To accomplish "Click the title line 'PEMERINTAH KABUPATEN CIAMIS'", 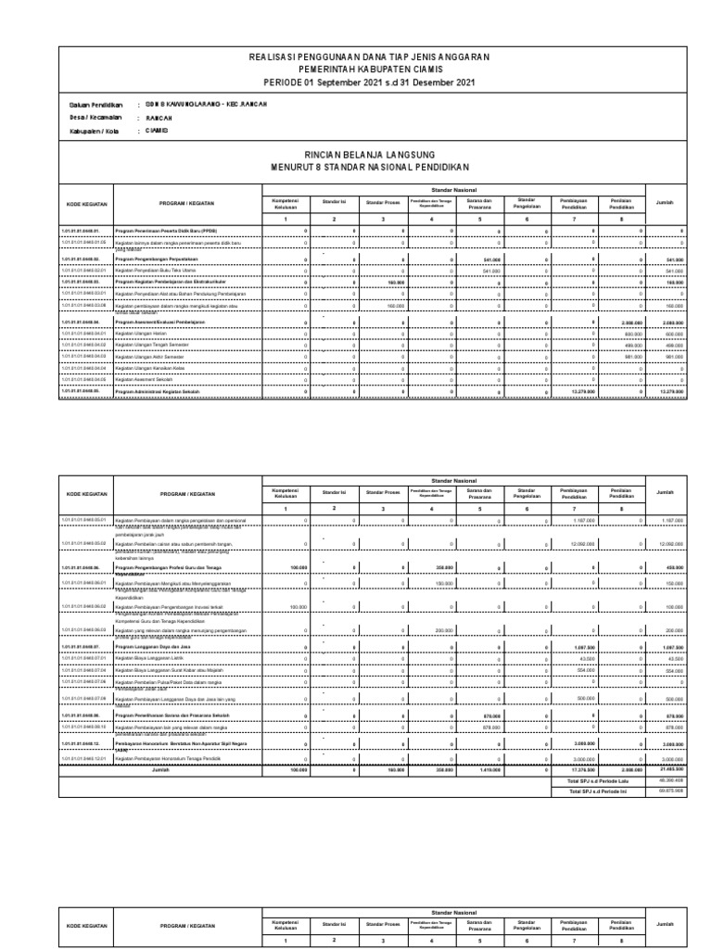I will [357, 70].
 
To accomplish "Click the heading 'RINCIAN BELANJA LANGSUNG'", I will [357, 154].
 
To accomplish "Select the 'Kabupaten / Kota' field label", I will [95, 131].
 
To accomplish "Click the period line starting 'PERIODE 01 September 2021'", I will [357, 82].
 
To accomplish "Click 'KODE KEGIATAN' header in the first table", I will [84, 201].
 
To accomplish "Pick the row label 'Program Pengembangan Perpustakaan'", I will [158, 259].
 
